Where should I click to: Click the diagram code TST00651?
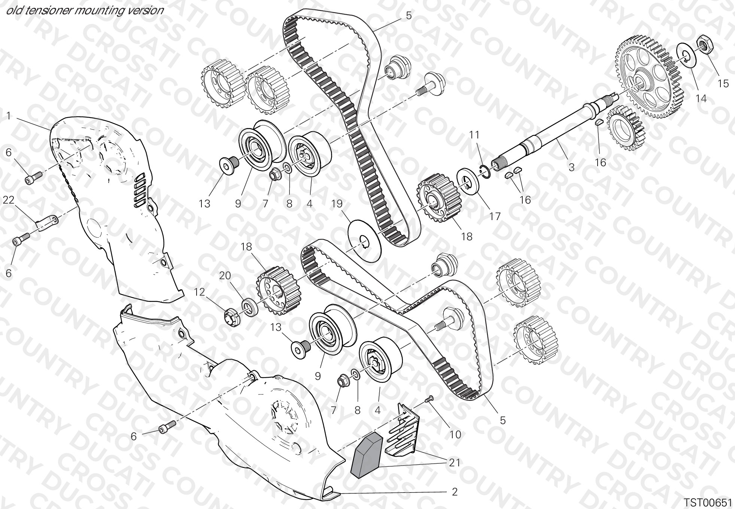708,502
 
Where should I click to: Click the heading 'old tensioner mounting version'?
85,10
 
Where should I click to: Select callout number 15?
723,83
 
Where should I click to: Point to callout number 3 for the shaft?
571,167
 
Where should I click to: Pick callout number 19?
337,204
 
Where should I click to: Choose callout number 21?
454,463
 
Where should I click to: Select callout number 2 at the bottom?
455,492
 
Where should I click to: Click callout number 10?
455,434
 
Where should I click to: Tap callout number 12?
200,292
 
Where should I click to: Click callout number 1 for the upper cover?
8,116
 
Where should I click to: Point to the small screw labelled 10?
430,399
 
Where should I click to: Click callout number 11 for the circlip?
474,135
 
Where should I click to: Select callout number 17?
495,216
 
